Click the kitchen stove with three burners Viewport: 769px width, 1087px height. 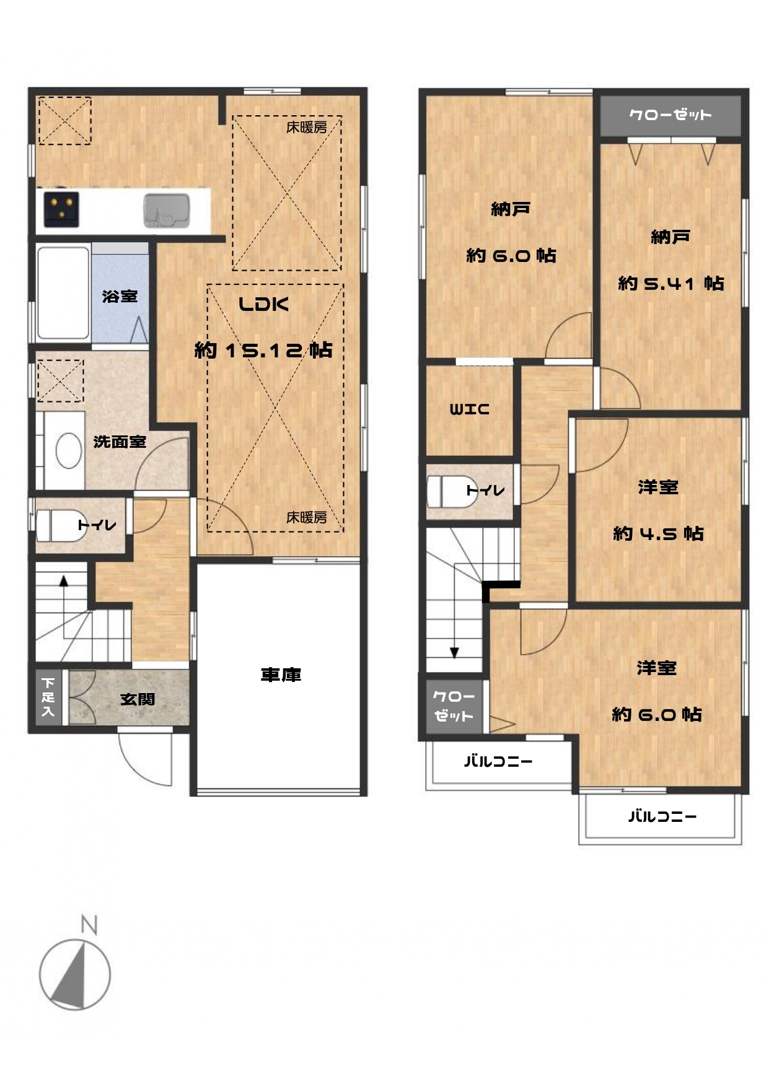pos(61,209)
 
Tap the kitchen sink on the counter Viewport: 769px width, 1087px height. pos(167,211)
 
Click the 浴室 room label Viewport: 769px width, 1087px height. pos(120,296)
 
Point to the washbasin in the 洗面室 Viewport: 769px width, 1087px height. pos(69,450)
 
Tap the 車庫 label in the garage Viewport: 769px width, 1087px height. pos(281,674)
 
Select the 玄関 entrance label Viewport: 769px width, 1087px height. pos(138,699)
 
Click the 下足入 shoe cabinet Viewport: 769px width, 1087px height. pos(48,697)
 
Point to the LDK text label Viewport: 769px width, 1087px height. pos(264,304)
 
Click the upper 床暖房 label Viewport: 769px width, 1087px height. pos(307,128)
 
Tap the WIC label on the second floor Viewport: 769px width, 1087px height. pos(469,409)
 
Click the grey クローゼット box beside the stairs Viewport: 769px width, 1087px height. pos(454,706)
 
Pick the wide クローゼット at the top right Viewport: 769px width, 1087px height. pos(670,115)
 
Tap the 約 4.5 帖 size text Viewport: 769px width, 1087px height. pos(658,533)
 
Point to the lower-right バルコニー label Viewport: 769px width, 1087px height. pos(662,816)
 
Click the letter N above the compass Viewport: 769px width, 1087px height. pos(90,925)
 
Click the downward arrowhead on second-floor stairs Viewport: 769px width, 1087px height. pos(454,653)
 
